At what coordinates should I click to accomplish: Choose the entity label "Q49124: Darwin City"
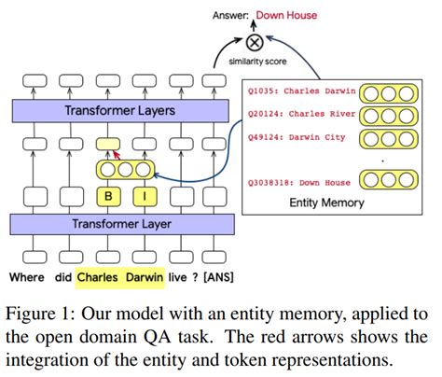(x=297, y=138)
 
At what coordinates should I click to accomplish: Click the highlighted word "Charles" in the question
(x=97, y=276)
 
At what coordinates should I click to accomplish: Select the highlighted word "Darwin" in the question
(x=142, y=276)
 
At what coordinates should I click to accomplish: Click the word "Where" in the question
(x=27, y=276)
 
